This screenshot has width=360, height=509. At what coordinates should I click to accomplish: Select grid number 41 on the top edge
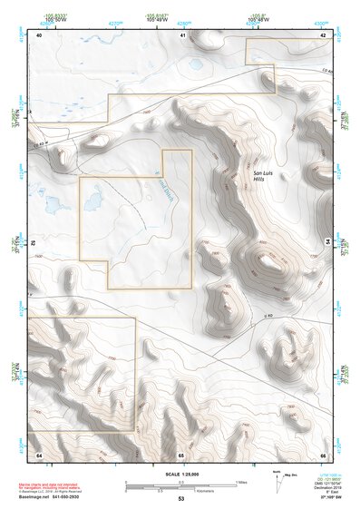[182, 34]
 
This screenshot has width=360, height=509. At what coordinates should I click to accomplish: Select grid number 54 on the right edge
[327, 242]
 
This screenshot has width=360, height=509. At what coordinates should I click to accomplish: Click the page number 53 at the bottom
[180, 500]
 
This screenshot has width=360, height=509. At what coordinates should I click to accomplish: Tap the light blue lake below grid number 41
[195, 64]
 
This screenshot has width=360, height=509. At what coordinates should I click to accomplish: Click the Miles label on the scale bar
[240, 481]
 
